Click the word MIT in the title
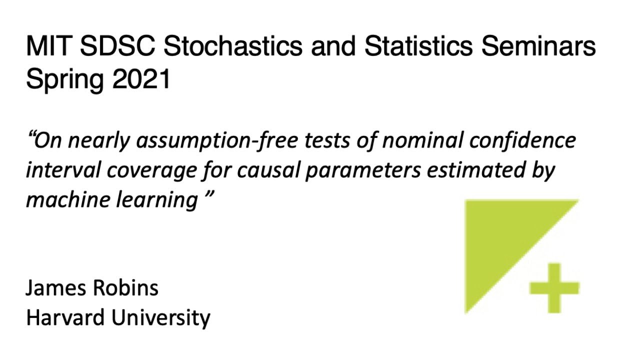47,47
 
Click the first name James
55,288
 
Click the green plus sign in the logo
554,288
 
